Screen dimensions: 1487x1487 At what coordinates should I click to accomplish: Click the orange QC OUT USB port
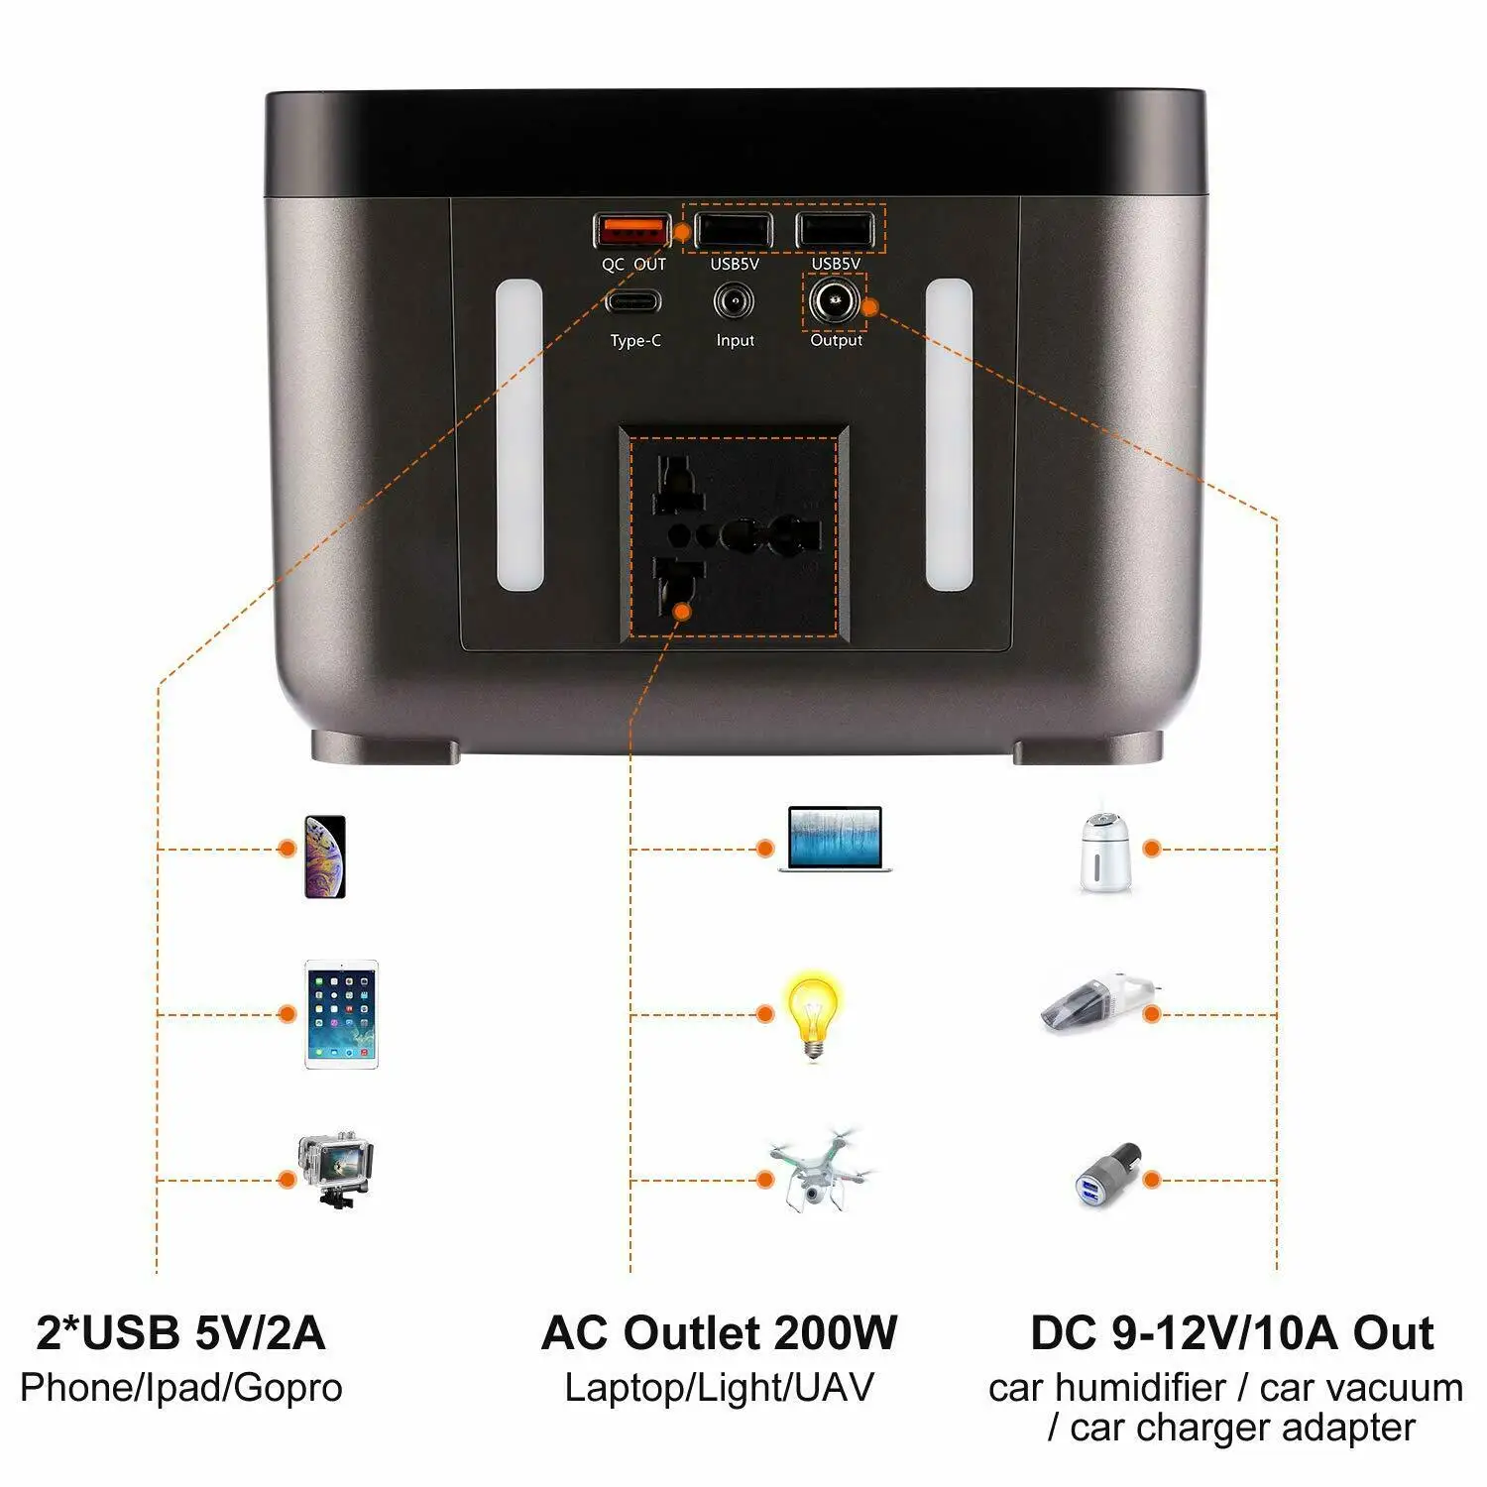tap(631, 231)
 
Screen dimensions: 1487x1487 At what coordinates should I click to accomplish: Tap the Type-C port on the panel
tap(633, 301)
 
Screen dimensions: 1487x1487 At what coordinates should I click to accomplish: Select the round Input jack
tap(734, 301)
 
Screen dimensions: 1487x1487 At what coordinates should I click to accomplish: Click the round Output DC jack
tap(834, 300)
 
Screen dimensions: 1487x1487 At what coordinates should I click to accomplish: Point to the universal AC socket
tap(735, 534)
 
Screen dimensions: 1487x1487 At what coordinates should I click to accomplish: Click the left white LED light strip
tap(519, 435)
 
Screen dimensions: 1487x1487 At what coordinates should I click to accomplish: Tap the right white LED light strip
tap(949, 435)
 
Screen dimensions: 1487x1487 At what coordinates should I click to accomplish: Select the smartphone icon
tap(324, 857)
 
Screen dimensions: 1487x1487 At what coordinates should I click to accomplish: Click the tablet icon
tap(341, 1014)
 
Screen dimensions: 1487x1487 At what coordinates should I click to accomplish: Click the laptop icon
tap(835, 839)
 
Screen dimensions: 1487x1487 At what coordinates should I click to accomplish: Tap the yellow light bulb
tap(812, 1014)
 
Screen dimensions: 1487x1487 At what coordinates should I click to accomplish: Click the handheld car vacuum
tap(1095, 1002)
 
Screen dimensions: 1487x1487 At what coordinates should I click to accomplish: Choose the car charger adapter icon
tap(1107, 1175)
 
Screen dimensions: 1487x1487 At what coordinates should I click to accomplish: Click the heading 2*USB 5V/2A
tap(180, 1333)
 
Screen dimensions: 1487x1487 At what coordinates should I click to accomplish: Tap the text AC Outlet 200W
tap(719, 1333)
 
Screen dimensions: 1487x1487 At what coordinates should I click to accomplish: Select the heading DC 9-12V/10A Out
tap(1231, 1333)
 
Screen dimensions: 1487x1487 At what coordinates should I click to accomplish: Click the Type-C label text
tap(635, 341)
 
